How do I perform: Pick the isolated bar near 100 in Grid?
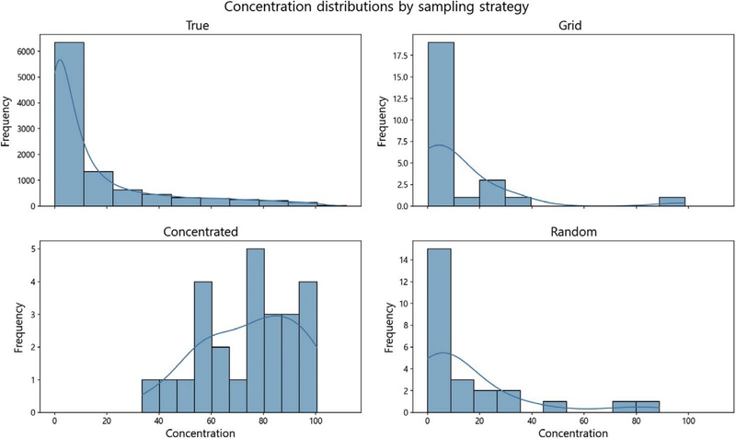pos(672,202)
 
